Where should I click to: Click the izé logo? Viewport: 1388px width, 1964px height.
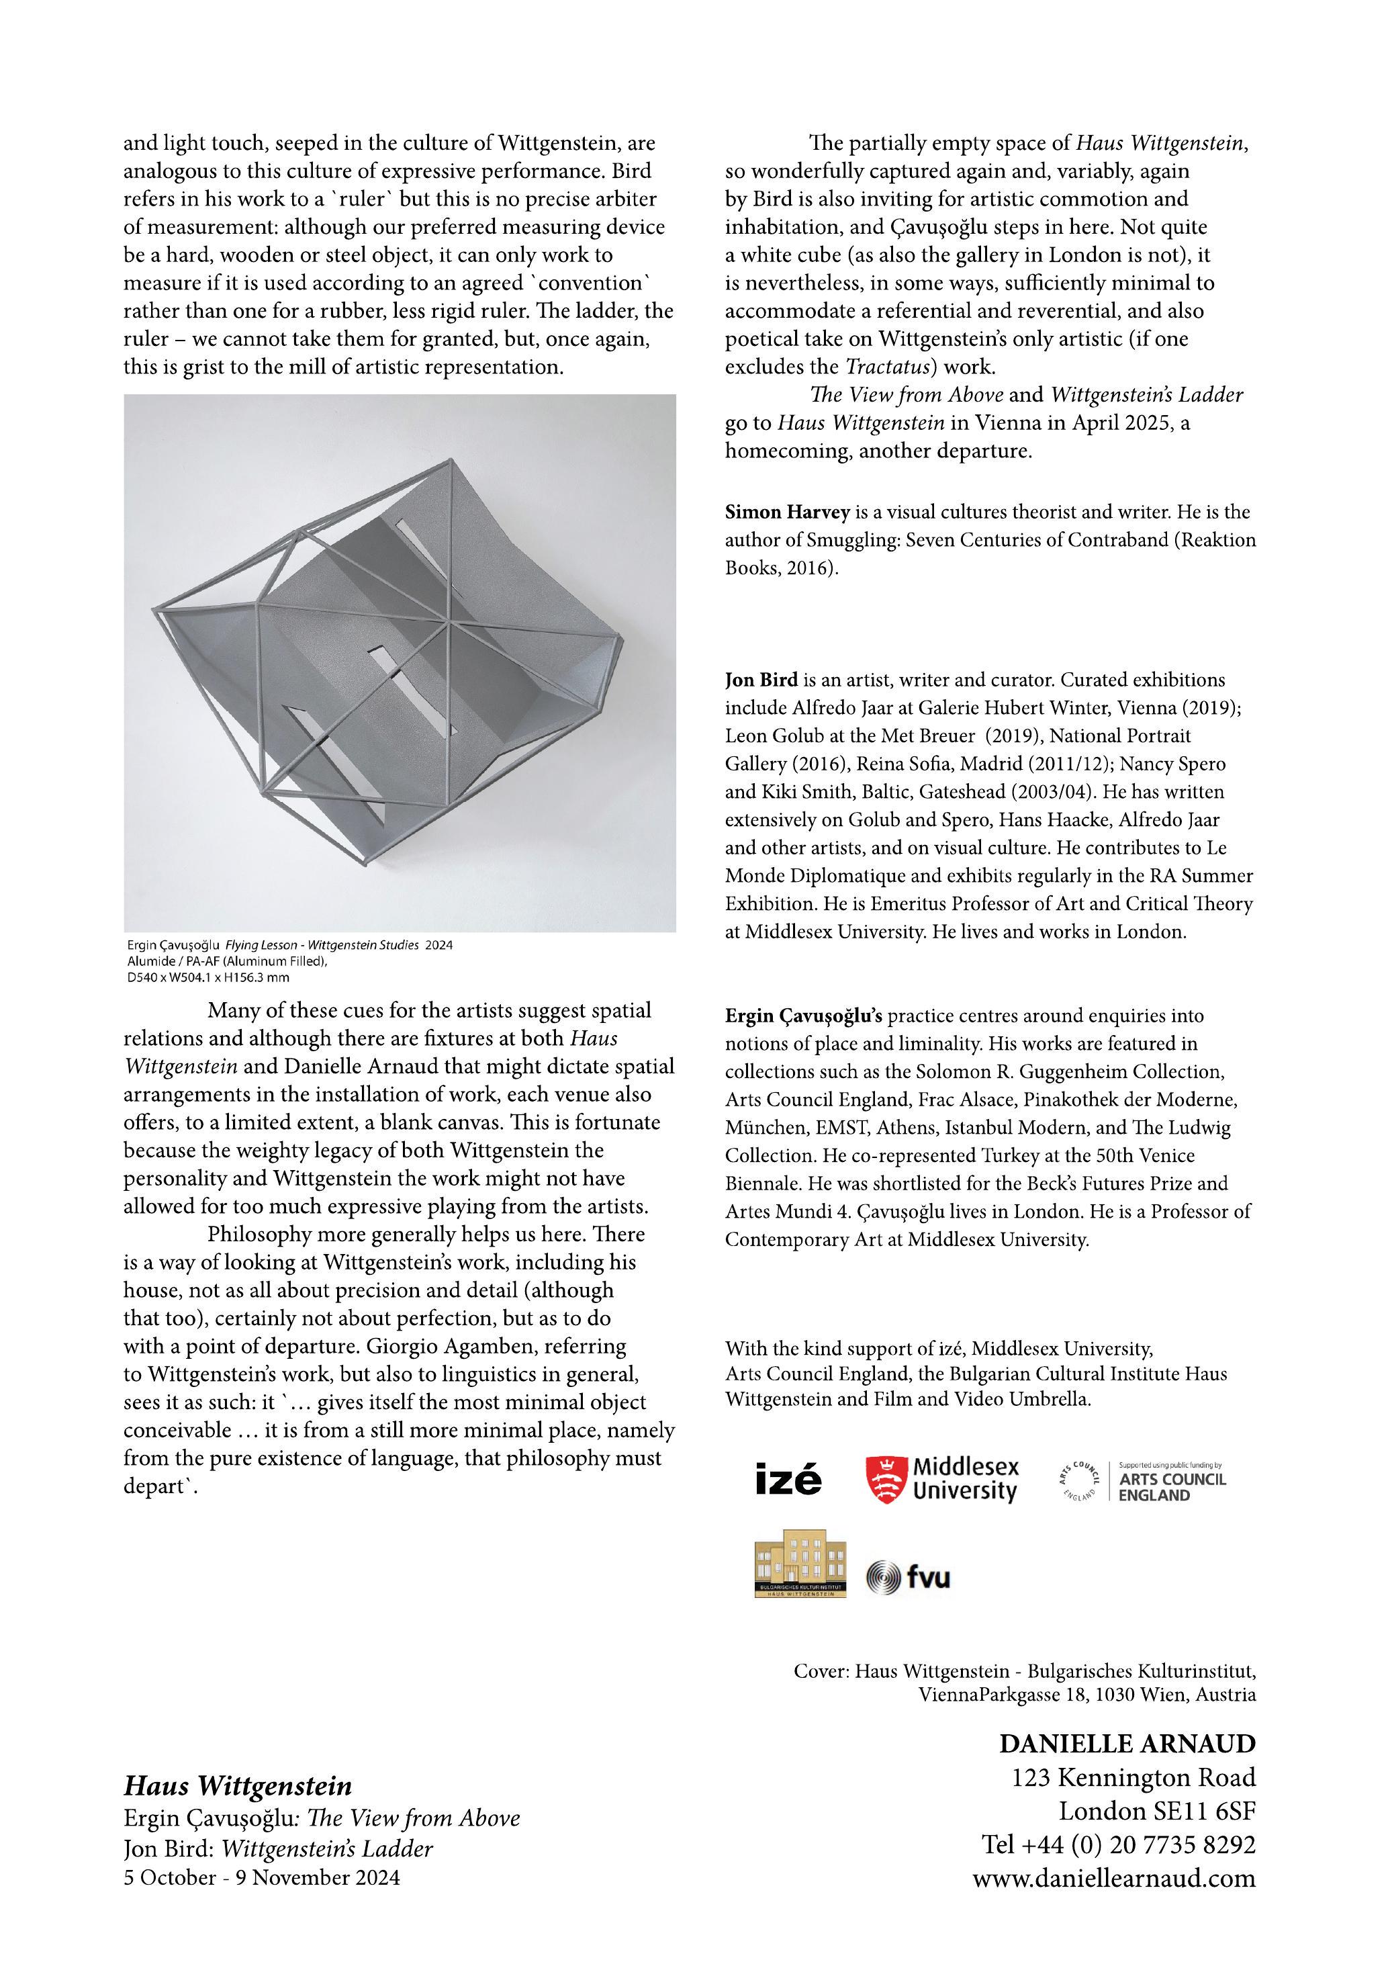(x=788, y=1479)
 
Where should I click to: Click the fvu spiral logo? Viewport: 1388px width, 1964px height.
(x=884, y=1576)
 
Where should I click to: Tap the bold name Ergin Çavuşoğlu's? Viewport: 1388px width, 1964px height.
(x=803, y=1016)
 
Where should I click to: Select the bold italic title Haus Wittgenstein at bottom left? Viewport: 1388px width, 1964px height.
(x=238, y=1786)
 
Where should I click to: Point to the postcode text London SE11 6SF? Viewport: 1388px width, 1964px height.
(x=1156, y=1811)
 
